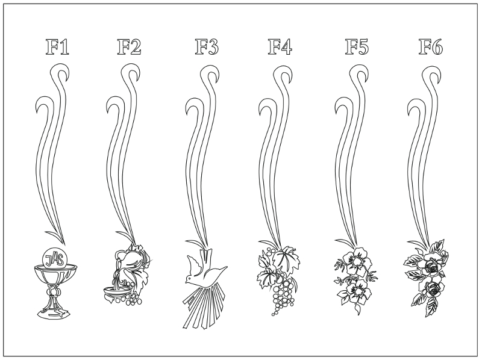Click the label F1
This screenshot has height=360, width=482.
pos(57,47)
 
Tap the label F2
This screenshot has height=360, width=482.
pos(129,47)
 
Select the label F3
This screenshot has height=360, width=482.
pos(207,47)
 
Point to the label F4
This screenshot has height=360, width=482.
pos(280,47)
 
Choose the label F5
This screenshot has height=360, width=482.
pos(357,47)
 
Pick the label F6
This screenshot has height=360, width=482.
pos(431,47)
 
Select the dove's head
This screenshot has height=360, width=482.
pos(189,279)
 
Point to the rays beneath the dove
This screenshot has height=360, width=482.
pos(204,307)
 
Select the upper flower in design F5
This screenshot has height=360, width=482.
pos(357,261)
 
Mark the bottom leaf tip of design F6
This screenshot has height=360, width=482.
pos(427,317)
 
